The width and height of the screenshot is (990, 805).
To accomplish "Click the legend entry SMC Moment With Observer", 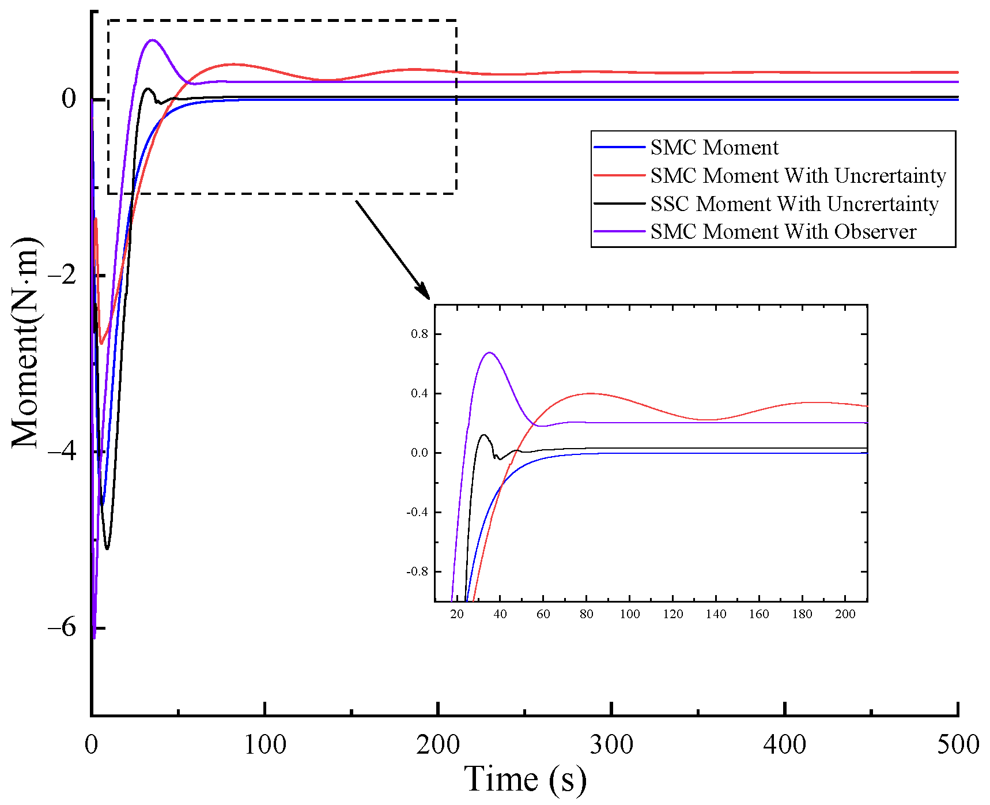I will coord(783,232).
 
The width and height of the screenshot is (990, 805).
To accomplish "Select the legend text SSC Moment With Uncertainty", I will coord(794,204).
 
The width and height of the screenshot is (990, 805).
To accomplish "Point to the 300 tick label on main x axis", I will coord(611,744).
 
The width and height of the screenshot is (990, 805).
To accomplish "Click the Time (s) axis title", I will coord(525,779).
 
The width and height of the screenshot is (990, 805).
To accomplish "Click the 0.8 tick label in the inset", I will coord(419,334).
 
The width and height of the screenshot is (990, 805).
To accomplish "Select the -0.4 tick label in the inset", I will coord(418,512).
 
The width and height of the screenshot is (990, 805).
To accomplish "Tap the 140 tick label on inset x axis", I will coord(716,614).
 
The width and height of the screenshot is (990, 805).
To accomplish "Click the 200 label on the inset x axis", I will coord(845,614).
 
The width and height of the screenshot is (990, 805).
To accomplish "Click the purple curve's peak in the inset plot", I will coord(489,352).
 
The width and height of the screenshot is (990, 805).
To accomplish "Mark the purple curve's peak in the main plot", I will coord(152,40).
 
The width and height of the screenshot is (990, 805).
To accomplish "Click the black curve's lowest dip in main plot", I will coord(107,548).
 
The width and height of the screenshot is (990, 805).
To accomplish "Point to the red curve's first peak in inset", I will coord(590,393).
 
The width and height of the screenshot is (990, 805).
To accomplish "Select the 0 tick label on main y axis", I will coord(69,99).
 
